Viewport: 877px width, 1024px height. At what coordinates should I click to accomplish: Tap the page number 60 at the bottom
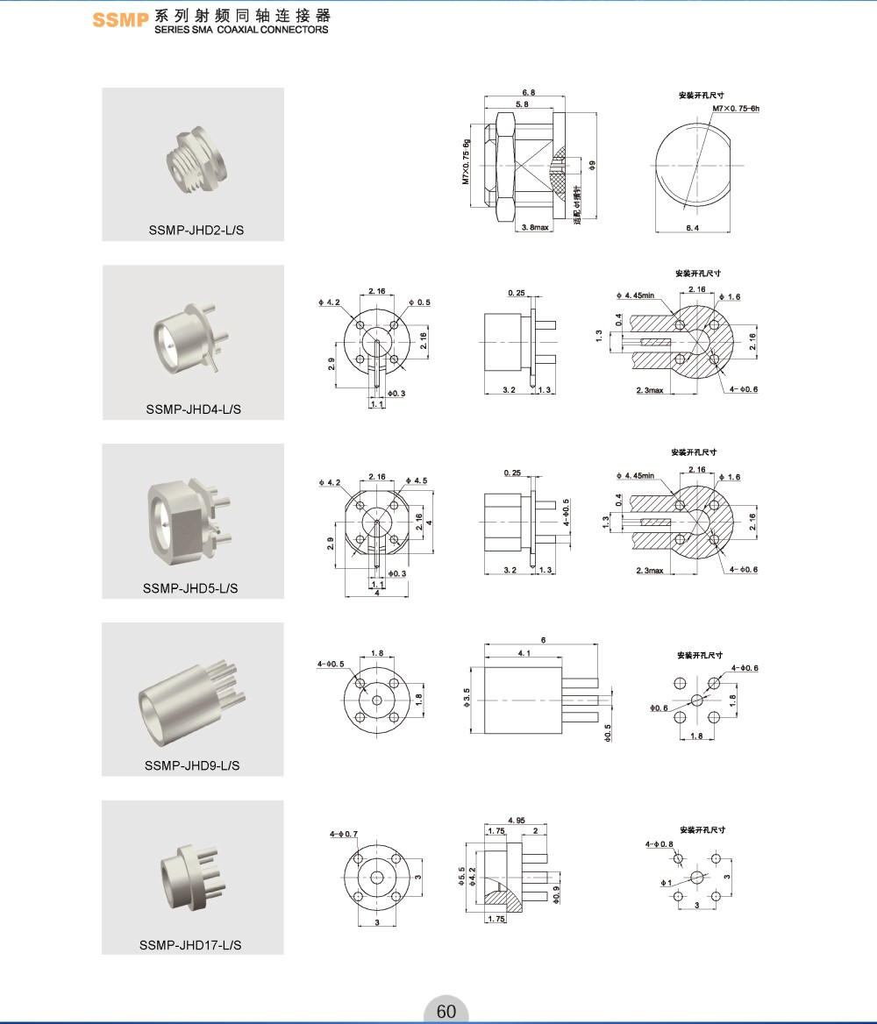pyautogui.click(x=446, y=1011)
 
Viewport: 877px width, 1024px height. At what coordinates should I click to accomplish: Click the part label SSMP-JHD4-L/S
pyautogui.click(x=194, y=409)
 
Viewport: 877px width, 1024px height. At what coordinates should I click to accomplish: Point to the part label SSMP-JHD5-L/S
pyautogui.click(x=191, y=587)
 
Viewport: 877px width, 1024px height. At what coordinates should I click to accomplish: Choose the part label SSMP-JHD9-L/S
pyautogui.click(x=192, y=765)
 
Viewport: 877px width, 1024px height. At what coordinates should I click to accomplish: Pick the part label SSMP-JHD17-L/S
pyautogui.click(x=190, y=944)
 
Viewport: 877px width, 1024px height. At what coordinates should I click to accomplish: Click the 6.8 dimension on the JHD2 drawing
pyautogui.click(x=529, y=92)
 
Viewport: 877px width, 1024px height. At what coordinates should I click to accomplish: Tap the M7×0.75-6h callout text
pyautogui.click(x=735, y=108)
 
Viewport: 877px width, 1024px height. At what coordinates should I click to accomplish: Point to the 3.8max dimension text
pyautogui.click(x=534, y=227)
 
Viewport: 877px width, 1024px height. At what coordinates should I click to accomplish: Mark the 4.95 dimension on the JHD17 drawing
pyautogui.click(x=517, y=820)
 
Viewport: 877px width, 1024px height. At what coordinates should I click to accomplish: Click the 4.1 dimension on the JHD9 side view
pyautogui.click(x=523, y=653)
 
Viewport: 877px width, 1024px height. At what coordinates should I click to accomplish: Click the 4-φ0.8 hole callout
pyautogui.click(x=660, y=844)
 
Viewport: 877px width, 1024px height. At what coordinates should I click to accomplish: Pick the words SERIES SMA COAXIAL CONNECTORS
pyautogui.click(x=241, y=29)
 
